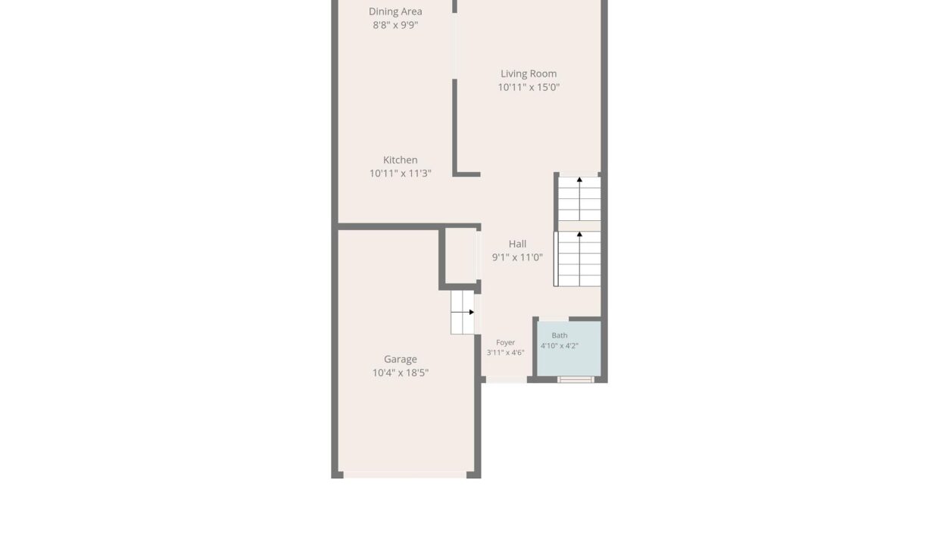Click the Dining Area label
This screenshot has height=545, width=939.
(395, 11)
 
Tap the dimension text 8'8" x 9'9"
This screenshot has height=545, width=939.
(395, 25)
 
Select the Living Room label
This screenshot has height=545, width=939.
(529, 73)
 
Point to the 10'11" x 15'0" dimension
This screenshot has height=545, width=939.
(529, 87)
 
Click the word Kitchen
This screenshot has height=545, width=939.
(401, 160)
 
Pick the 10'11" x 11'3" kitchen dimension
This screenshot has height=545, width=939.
(401, 173)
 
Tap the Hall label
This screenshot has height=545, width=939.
(517, 244)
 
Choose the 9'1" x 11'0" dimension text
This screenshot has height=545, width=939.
(517, 257)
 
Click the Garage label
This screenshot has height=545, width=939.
(401, 360)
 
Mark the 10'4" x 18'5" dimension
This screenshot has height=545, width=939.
(401, 373)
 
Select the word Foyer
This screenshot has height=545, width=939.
(505, 343)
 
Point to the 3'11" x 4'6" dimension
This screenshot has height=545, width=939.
(505, 353)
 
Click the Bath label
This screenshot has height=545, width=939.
(559, 335)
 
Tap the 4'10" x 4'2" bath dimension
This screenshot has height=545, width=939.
(559, 346)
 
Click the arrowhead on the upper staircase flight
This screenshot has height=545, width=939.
(579, 179)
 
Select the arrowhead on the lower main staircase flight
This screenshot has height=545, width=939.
(579, 235)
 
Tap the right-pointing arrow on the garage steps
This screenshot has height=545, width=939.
(472, 312)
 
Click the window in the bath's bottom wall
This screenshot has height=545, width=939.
(576, 379)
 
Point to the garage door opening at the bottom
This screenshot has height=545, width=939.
(405, 475)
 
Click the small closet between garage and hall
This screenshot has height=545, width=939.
(460, 255)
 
